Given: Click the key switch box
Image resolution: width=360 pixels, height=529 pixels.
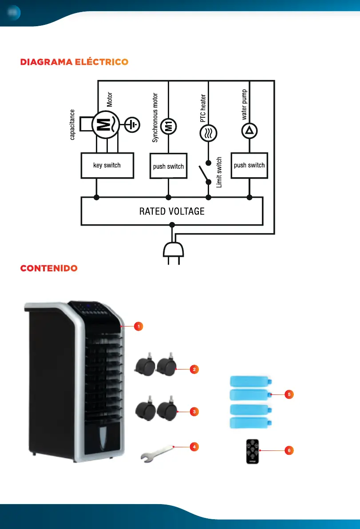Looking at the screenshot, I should [107, 166].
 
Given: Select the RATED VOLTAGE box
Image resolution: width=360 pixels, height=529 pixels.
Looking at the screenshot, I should [172, 211].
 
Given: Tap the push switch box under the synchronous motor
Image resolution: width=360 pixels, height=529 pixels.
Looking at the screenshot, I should [168, 166].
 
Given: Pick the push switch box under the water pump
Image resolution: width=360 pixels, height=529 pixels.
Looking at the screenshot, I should [249, 165].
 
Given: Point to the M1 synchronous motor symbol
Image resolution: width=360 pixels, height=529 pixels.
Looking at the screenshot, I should [168, 126].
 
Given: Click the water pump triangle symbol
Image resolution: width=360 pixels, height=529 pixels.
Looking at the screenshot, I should [249, 130].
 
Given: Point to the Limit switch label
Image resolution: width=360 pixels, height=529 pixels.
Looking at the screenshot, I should [219, 172].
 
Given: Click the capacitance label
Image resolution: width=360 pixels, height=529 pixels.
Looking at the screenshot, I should [72, 125].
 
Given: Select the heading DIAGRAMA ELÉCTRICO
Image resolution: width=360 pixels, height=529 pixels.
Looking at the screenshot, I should [74, 62].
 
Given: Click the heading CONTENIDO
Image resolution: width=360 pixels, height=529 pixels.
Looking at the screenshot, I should [49, 269].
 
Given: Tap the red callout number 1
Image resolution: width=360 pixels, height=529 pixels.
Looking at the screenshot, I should [138, 326].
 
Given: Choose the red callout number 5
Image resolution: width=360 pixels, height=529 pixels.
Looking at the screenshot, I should [289, 394].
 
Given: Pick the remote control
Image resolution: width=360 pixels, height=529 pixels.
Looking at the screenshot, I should [252, 451].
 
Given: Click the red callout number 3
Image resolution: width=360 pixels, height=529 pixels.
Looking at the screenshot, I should [194, 412].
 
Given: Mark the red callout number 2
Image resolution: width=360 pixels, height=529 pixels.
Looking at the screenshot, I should [194, 369].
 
